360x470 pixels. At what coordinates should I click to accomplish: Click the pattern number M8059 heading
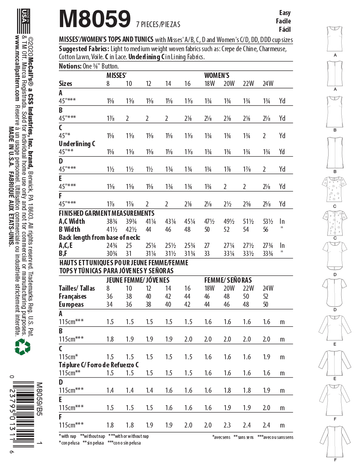[95, 19]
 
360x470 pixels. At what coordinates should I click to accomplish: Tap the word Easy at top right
[285, 13]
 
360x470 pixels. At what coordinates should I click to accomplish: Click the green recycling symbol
[22, 347]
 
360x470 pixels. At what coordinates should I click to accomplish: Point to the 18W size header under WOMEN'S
[209, 84]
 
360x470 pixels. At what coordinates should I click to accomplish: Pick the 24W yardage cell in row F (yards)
[266, 204]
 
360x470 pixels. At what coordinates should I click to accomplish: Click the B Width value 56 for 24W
[265, 229]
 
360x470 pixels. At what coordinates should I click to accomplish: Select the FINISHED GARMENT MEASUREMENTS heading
[106, 213]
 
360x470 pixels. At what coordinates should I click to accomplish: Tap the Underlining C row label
[77, 144]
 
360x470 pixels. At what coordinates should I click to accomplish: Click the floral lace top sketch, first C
[335, 189]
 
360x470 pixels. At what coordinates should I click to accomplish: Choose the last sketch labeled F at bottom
[335, 442]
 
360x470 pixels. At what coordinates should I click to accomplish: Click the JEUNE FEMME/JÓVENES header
[138, 280]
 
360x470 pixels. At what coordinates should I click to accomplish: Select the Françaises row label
[72, 296]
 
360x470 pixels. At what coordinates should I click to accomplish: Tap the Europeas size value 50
[265, 304]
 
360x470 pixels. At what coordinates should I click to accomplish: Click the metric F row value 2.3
[227, 425]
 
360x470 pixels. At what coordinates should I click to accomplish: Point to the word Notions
[70, 66]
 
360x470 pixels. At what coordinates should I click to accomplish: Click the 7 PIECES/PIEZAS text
[158, 24]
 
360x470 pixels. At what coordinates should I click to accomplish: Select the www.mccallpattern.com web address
[17, 68]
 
